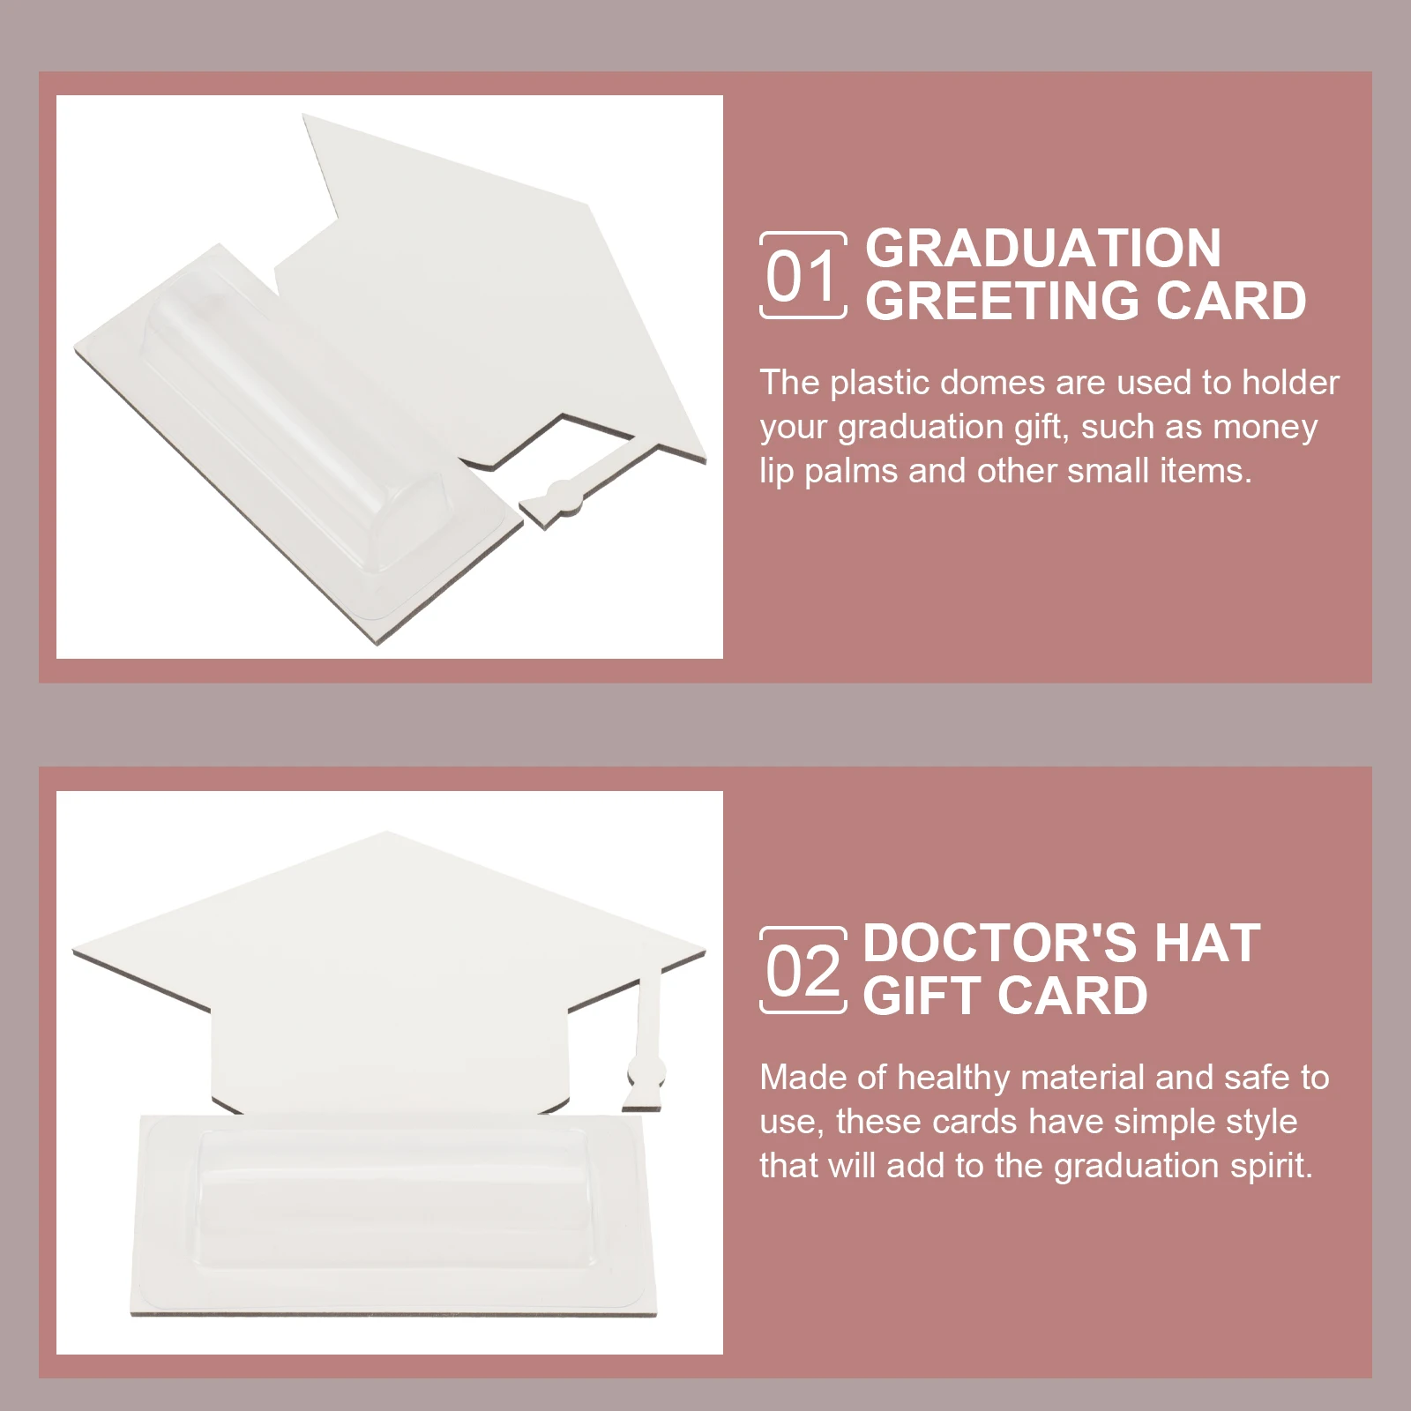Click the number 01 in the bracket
[801, 276]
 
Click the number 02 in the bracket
[802, 972]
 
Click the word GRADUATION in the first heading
[1043, 248]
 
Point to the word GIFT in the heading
[920, 997]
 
